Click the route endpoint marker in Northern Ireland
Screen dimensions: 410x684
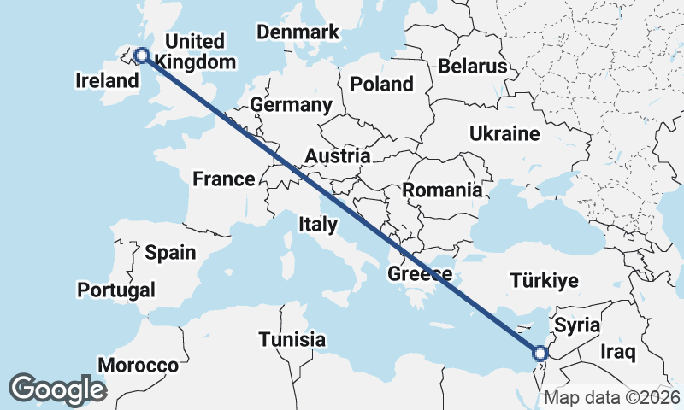142,56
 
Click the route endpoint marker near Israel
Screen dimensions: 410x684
540,353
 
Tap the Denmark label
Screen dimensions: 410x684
298,32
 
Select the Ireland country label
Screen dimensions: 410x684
107,81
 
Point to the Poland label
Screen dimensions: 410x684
380,84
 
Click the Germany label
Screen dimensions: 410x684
291,105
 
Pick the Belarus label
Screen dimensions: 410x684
471,67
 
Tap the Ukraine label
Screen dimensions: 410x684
504,133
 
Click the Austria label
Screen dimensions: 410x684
338,156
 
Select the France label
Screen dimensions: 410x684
223,179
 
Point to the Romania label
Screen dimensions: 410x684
442,190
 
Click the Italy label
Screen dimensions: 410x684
317,225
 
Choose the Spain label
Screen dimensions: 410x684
170,253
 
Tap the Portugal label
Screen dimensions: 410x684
116,290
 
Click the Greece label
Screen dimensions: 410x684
420,274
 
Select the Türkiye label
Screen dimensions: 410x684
544,280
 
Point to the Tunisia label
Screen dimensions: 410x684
292,338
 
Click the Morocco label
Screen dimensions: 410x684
138,366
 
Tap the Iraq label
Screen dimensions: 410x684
618,352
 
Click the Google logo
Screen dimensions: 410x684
57,389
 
